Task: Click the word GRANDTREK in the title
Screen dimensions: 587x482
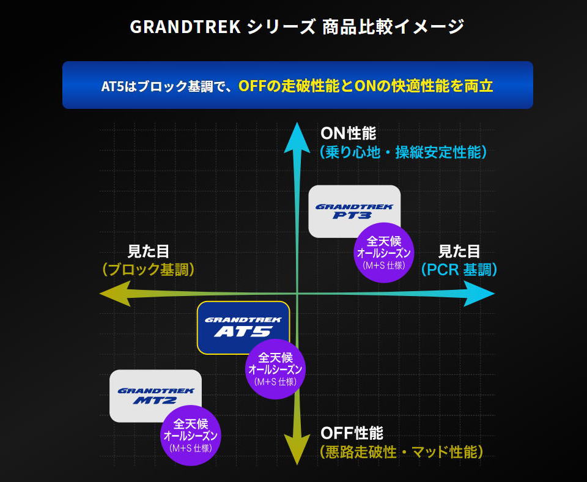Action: (185, 26)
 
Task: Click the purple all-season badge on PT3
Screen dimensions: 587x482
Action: (384, 253)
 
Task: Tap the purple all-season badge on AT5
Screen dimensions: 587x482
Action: (275, 369)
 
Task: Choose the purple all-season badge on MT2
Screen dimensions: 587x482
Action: (191, 435)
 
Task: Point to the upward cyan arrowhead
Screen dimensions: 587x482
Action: (297, 139)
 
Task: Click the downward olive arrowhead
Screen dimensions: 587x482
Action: (297, 449)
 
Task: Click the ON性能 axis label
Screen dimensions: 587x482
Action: (348, 134)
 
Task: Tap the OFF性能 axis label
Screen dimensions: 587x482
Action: (352, 433)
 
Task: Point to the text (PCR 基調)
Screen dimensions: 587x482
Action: (459, 270)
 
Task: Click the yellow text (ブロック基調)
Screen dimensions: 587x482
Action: (149, 270)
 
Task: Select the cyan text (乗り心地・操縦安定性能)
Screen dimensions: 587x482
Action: (404, 152)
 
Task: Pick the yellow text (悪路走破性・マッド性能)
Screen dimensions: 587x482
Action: (402, 452)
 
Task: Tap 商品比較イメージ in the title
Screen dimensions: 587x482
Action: (393, 26)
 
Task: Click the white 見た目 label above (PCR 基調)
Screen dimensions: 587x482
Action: (459, 251)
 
